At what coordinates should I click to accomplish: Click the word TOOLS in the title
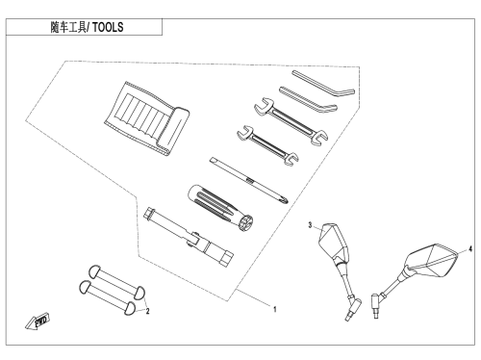pyautogui.click(x=108, y=27)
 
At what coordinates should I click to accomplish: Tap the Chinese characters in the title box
pyautogui.click(x=68, y=27)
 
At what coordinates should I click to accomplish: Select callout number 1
pyautogui.click(x=275, y=309)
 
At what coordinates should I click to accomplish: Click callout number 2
pyautogui.click(x=147, y=311)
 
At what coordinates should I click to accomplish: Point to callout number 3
pyautogui.click(x=310, y=225)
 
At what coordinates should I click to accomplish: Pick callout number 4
pyautogui.click(x=470, y=248)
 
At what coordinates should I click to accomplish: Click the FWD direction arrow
pyautogui.click(x=38, y=321)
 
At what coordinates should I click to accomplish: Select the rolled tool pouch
pyautogui.click(x=146, y=118)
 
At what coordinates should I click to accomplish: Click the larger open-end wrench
pyautogui.click(x=291, y=121)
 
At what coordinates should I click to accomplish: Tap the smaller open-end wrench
pyautogui.click(x=267, y=145)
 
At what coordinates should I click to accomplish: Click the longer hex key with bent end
pyautogui.click(x=323, y=83)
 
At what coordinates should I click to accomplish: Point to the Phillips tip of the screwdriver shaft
pyautogui.click(x=286, y=200)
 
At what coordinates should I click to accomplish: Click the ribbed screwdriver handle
pyautogui.click(x=220, y=208)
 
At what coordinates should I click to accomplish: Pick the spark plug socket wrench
pyautogui.click(x=189, y=237)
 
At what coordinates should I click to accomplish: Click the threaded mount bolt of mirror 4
pyautogui.click(x=375, y=306)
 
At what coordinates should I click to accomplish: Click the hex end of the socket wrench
pyautogui.click(x=227, y=258)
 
